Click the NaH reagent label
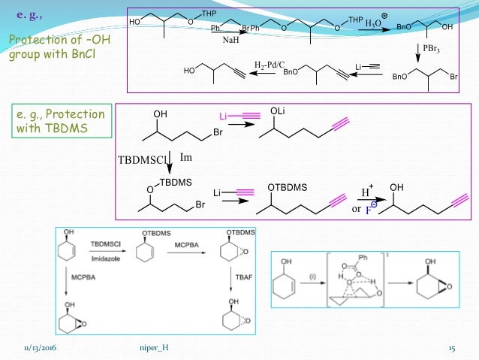[x=230, y=41]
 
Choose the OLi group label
[x=279, y=112]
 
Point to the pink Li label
[x=223, y=116]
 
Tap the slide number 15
[x=452, y=348]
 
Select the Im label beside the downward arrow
[x=188, y=156]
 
